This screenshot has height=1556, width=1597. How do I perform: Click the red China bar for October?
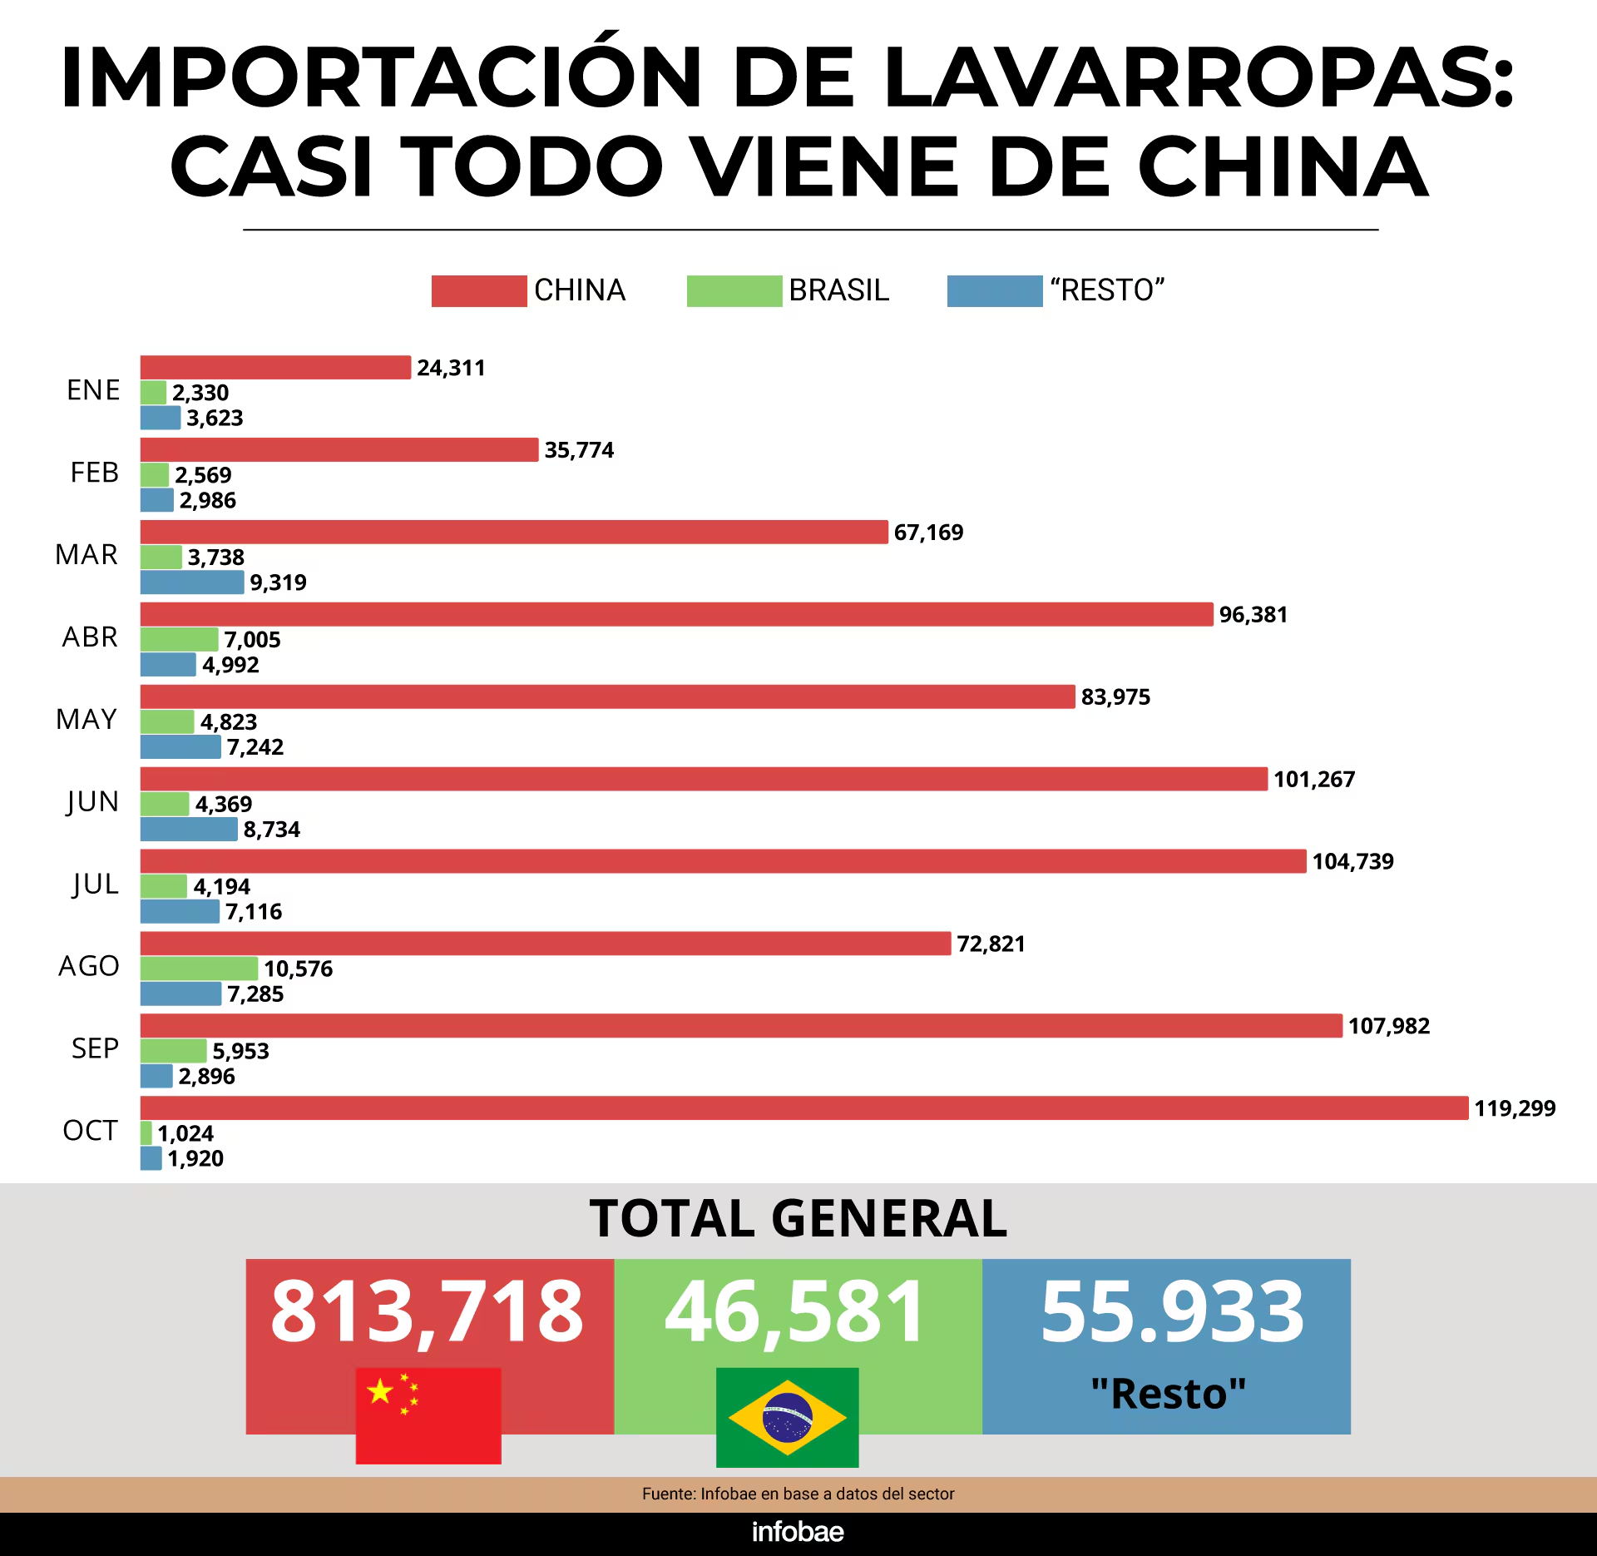(x=803, y=1108)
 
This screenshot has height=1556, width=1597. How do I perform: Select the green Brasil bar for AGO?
(x=199, y=969)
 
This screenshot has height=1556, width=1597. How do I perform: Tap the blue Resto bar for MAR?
(x=192, y=582)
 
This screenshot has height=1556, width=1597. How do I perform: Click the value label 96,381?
(x=1253, y=615)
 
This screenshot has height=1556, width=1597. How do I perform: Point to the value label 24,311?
(x=451, y=368)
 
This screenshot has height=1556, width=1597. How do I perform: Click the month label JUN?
(x=92, y=802)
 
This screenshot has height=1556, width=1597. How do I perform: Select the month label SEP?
(x=95, y=1048)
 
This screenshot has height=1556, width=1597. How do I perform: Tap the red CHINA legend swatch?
(x=478, y=291)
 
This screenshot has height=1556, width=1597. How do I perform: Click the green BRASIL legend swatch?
(x=734, y=291)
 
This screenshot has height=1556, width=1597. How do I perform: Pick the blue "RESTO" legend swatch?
(x=994, y=291)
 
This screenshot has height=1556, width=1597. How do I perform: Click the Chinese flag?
(x=428, y=1415)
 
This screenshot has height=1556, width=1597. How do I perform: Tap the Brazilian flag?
(x=787, y=1418)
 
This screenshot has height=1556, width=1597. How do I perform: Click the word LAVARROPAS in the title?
(x=1199, y=77)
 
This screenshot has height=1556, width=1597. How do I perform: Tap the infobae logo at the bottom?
(x=798, y=1532)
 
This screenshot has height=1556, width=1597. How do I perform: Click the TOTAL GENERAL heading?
(x=798, y=1219)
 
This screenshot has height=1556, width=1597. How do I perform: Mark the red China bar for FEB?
(x=339, y=449)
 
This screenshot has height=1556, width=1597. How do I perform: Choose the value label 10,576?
(x=298, y=969)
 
